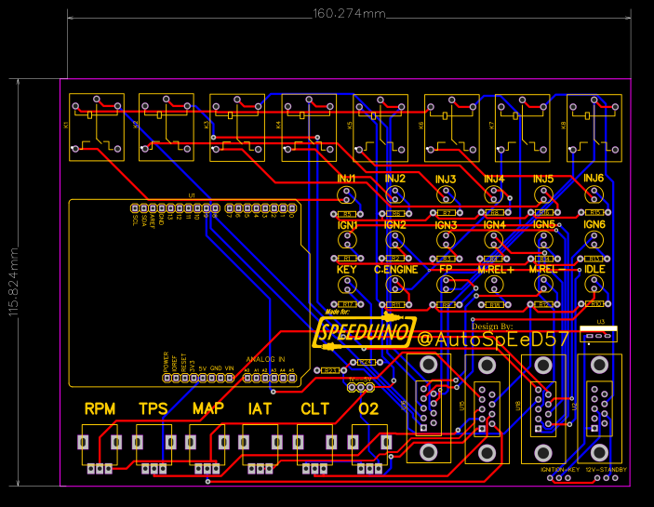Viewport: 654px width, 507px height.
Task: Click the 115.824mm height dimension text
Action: (x=14, y=283)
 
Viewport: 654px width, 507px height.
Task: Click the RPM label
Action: (x=100, y=408)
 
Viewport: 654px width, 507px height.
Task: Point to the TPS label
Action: (x=153, y=408)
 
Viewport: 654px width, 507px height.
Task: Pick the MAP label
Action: (x=207, y=408)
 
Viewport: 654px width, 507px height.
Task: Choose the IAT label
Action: (x=260, y=408)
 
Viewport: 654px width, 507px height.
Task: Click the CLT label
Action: (x=314, y=408)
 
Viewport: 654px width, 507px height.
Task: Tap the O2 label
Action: (x=368, y=408)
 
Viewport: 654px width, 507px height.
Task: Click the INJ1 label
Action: (x=347, y=178)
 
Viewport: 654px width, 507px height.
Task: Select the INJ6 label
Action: (x=594, y=178)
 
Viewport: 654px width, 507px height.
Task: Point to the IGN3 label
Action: (x=446, y=225)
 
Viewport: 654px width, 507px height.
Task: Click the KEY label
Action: (x=347, y=270)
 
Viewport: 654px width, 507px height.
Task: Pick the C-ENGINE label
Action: (x=395, y=270)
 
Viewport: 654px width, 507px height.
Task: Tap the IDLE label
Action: (x=594, y=270)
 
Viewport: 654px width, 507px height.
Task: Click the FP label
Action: (x=446, y=270)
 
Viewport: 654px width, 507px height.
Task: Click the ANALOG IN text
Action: (x=265, y=359)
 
